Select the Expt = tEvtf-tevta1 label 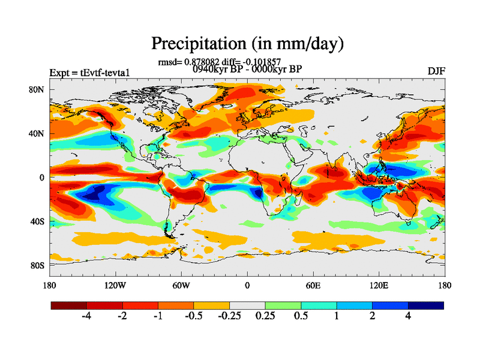90,73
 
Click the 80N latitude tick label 37,89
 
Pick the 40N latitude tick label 37,133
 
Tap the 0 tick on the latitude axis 42,178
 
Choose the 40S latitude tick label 37,221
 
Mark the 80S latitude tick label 37,265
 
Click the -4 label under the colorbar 86,316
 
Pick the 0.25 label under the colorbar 265,316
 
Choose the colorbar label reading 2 373,316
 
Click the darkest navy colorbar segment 426,305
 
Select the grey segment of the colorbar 247,305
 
